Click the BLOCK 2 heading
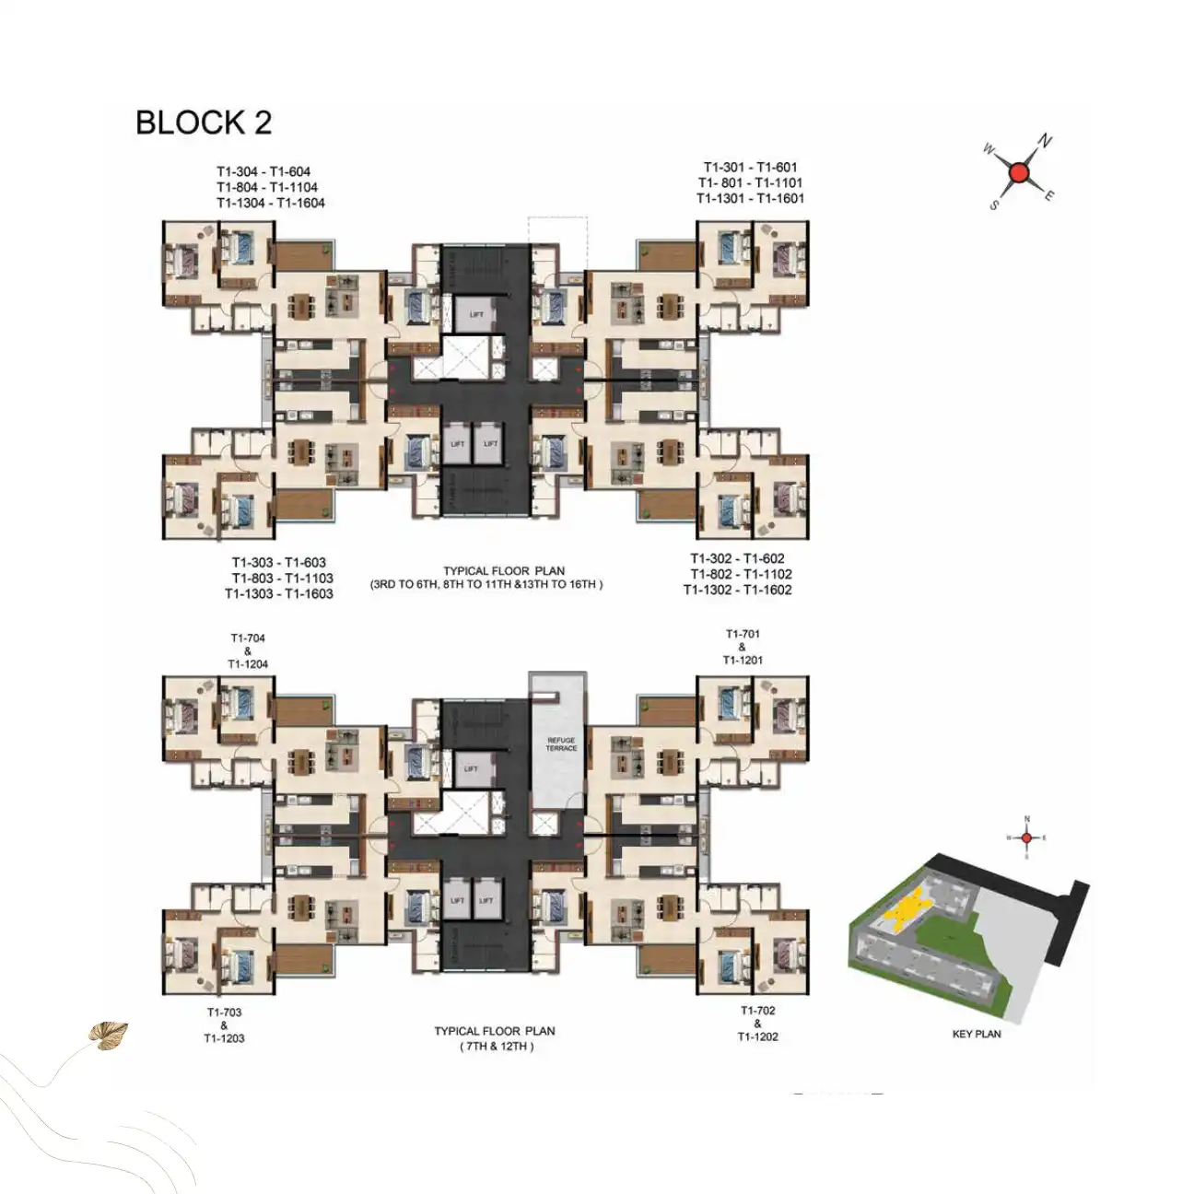coord(204,123)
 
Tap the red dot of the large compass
coord(1018,172)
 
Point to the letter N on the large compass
coord(1046,142)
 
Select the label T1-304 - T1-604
coord(263,171)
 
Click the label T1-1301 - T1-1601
coord(750,198)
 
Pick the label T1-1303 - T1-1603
coord(279,593)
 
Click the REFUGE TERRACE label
coord(560,744)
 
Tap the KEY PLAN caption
coord(976,1034)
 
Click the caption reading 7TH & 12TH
coord(495,1047)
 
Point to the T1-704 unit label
coord(248,638)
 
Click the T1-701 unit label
coord(743,634)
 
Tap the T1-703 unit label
coord(224,1013)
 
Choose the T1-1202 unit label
coord(757,1036)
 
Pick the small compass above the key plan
coord(1027,837)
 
